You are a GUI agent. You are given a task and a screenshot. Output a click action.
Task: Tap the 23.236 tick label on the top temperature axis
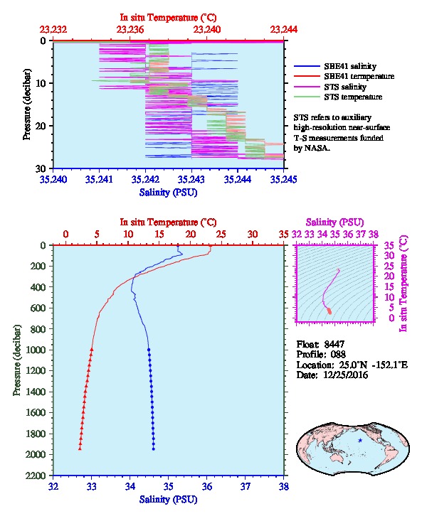pyautogui.click(x=130, y=30)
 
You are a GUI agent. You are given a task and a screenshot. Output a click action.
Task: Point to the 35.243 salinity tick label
pyautogui.click(x=191, y=179)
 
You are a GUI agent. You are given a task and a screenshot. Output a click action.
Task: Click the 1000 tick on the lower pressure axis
pyautogui.click(x=36, y=350)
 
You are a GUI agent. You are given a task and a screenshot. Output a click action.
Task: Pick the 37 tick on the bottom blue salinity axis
pyautogui.click(x=246, y=486)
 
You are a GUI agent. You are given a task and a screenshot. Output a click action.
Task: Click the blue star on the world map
pyautogui.click(x=360, y=441)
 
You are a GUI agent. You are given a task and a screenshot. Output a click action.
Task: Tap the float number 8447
pyautogui.click(x=334, y=344)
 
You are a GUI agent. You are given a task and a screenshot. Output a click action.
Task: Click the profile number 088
pyautogui.click(x=338, y=355)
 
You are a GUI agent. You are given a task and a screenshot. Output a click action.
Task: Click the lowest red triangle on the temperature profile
pyautogui.click(x=80, y=448)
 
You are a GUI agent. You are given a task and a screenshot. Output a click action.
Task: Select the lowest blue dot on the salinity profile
pyautogui.click(x=154, y=449)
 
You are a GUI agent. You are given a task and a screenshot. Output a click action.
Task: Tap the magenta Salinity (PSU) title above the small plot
pyautogui.click(x=334, y=222)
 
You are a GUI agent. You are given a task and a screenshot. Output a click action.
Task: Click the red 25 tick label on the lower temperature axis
pyautogui.click(x=221, y=235)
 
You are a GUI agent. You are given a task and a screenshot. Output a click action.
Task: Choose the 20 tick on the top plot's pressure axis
pyautogui.click(x=41, y=126)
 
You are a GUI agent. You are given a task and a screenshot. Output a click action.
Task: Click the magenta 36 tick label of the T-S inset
pyautogui.click(x=348, y=235)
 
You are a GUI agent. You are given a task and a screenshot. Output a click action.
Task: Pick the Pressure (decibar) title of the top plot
pyautogui.click(x=27, y=104)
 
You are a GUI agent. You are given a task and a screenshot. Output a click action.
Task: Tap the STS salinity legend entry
pyautogui.click(x=345, y=87)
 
